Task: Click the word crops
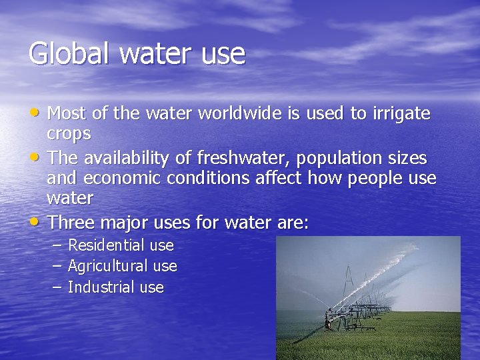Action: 69,134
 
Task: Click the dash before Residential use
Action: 57,245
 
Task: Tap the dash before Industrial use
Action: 57,287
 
